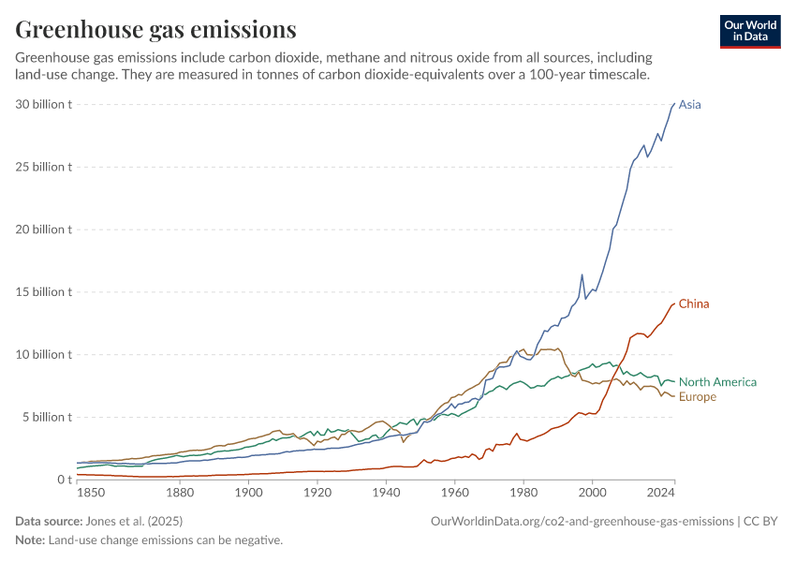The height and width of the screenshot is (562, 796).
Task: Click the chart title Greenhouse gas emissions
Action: pyautogui.click(x=155, y=30)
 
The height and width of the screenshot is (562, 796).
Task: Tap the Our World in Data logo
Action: pyautogui.click(x=750, y=32)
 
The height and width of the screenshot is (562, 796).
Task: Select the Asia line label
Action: pyautogui.click(x=689, y=105)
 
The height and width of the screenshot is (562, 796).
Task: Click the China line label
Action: pyautogui.click(x=694, y=304)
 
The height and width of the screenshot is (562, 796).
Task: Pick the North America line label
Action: pyautogui.click(x=718, y=382)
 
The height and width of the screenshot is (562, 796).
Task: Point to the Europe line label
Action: pyautogui.click(x=698, y=397)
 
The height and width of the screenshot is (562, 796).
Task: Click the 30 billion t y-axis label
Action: pyautogui.click(x=44, y=105)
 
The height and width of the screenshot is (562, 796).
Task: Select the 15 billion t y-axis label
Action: pyautogui.click(x=44, y=292)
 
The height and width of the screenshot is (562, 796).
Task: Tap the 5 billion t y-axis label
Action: pyautogui.click(x=47, y=418)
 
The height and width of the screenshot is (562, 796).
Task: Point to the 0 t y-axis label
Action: pyautogui.click(x=65, y=480)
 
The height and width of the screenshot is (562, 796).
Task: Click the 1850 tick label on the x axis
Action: pyautogui.click(x=91, y=493)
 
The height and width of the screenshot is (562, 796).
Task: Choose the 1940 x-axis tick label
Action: pyautogui.click(x=386, y=493)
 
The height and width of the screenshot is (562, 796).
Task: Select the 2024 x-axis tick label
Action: pyautogui.click(x=661, y=493)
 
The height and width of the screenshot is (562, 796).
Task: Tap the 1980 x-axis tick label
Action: pyautogui.click(x=523, y=493)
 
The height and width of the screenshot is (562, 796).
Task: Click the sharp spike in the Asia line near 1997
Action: pyautogui.click(x=582, y=274)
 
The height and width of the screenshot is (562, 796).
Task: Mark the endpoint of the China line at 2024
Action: pyautogui.click(x=674, y=303)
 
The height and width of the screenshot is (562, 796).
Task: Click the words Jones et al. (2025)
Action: pyautogui.click(x=134, y=522)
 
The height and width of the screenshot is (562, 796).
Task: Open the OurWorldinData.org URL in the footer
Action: pyautogui.click(x=582, y=522)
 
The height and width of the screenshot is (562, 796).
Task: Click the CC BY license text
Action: pyautogui.click(x=760, y=522)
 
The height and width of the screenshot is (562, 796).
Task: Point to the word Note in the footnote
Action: pyautogui.click(x=30, y=540)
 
